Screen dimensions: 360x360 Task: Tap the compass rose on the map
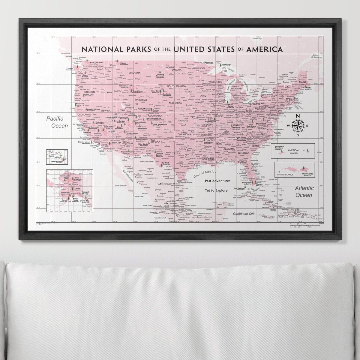298,125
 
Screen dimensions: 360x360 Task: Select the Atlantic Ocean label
304,191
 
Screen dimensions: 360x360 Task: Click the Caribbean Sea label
244,214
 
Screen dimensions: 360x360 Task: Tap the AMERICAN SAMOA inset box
292,151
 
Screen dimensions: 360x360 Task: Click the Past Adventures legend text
217,181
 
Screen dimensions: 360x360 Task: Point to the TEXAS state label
176,153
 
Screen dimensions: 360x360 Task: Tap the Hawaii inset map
57,157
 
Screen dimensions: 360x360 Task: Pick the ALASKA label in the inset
65,185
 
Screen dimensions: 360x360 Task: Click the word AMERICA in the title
264,49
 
